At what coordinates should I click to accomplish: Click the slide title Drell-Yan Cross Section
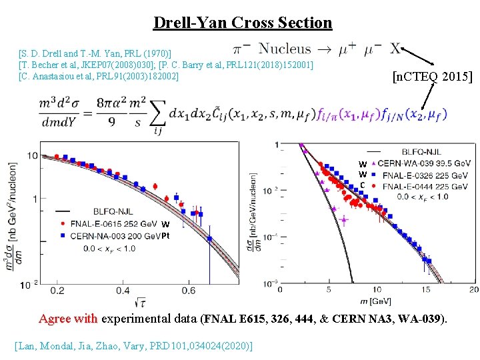(242, 23)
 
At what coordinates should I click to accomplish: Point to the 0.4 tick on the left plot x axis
(123, 291)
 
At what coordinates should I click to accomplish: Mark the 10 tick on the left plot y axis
(32, 155)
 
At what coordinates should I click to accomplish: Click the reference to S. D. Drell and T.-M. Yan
(95, 53)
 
